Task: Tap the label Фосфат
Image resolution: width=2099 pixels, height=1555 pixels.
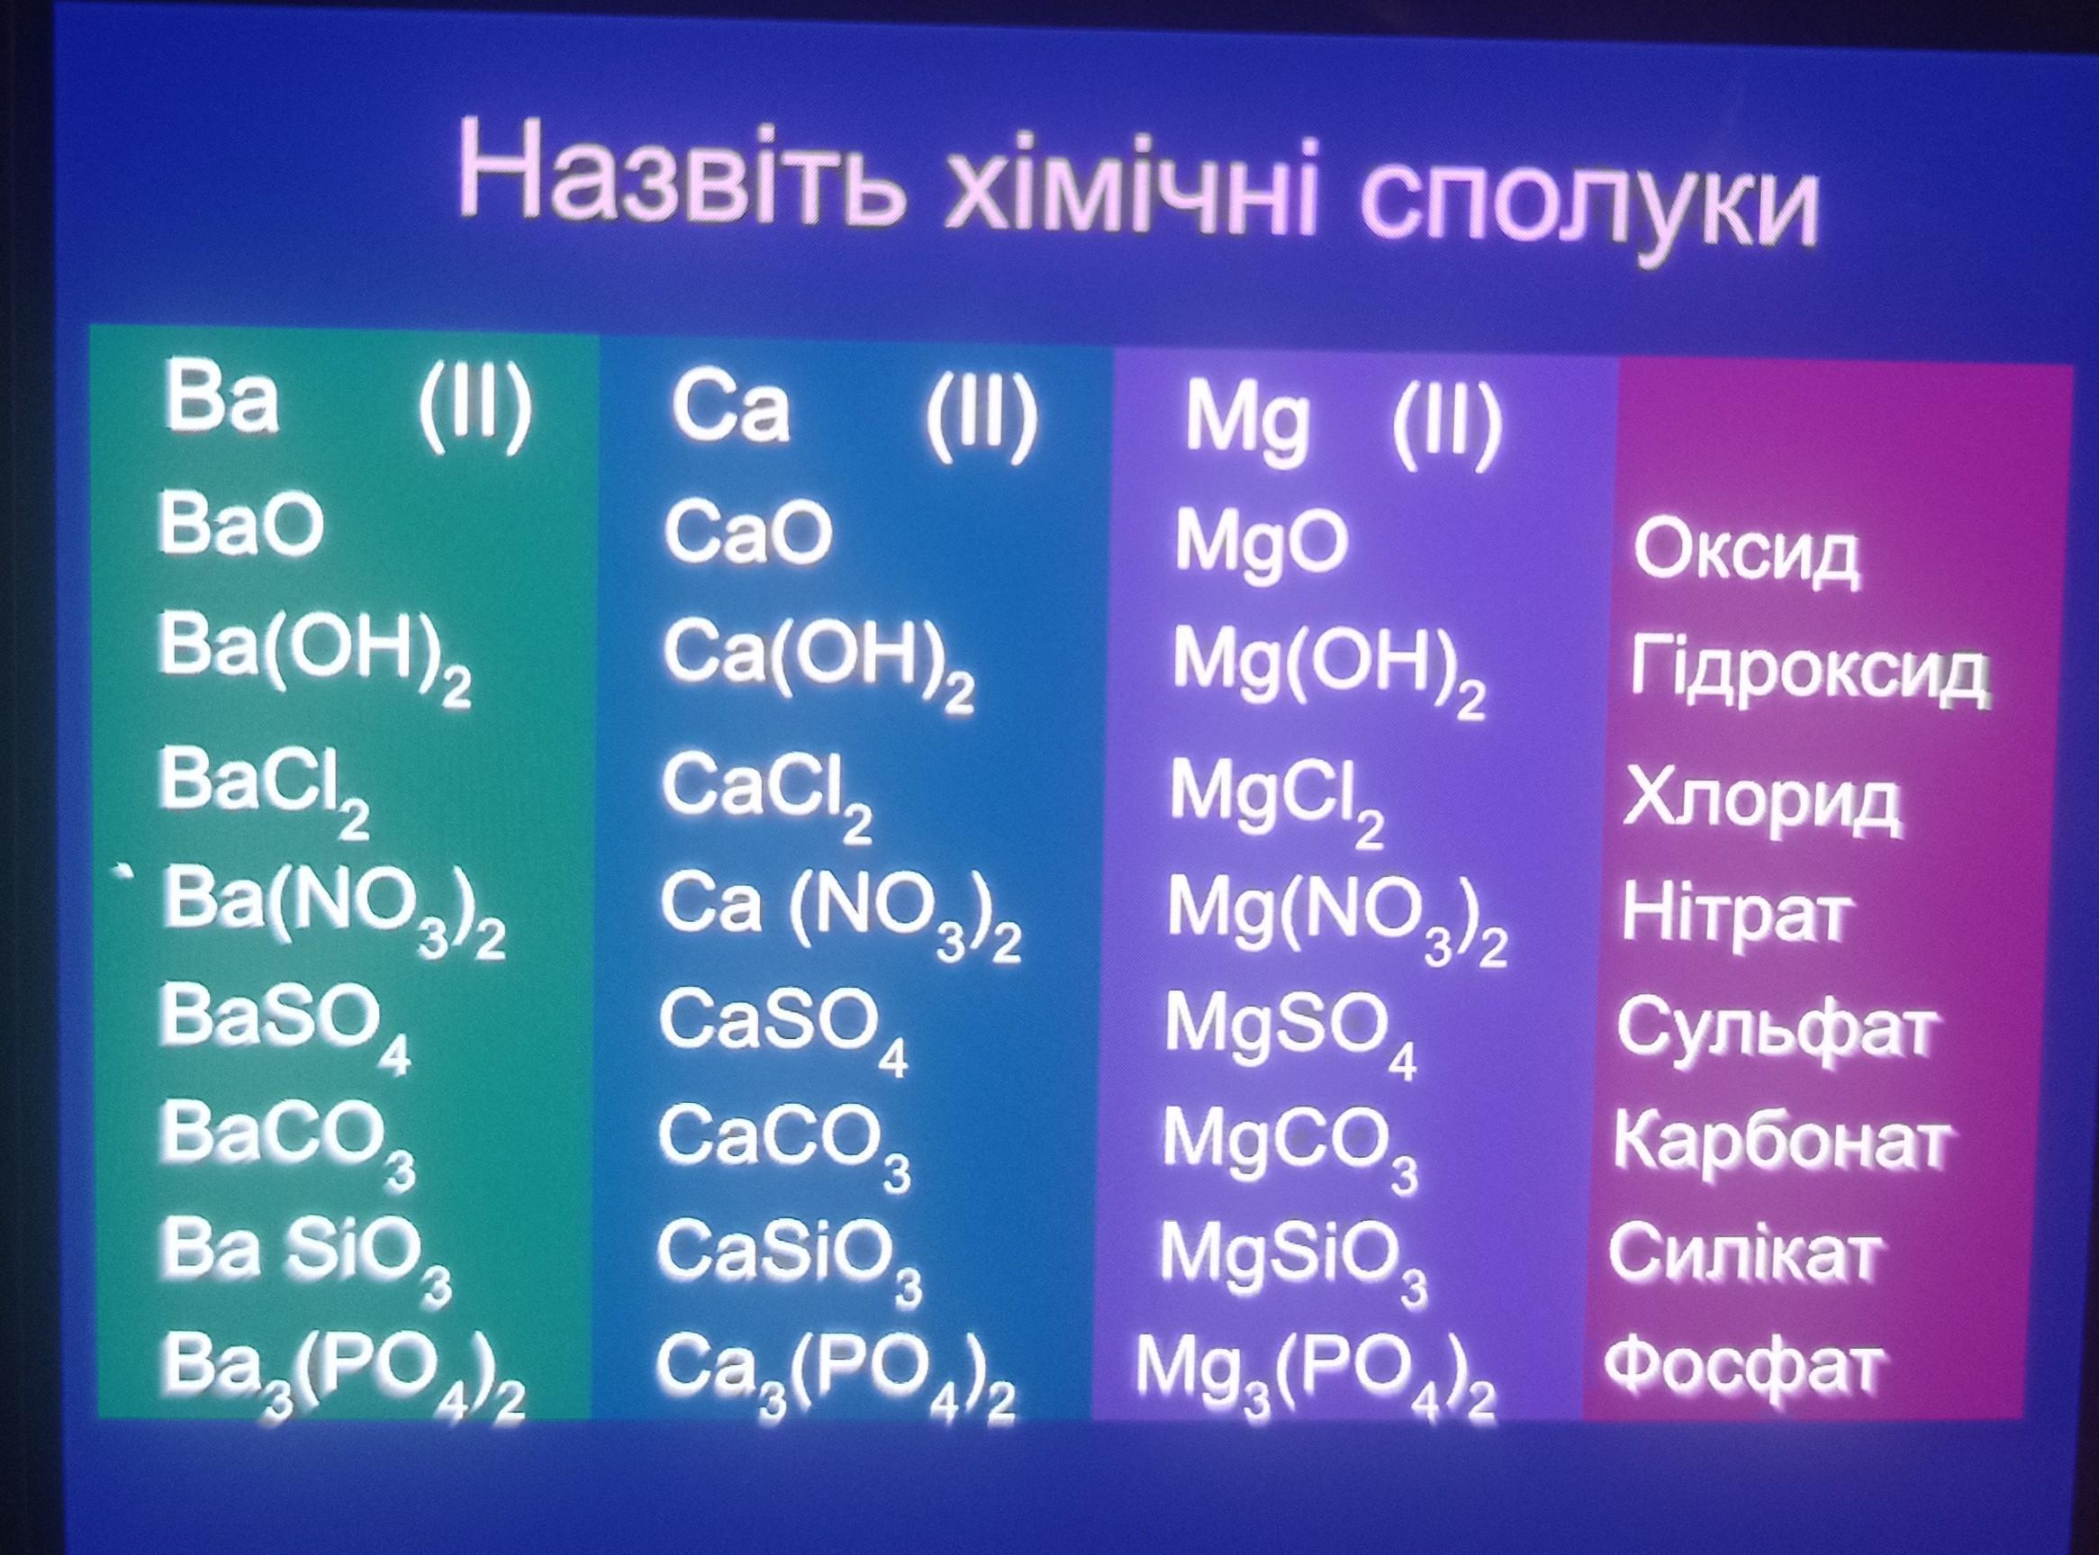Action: (x=1745, y=1370)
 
